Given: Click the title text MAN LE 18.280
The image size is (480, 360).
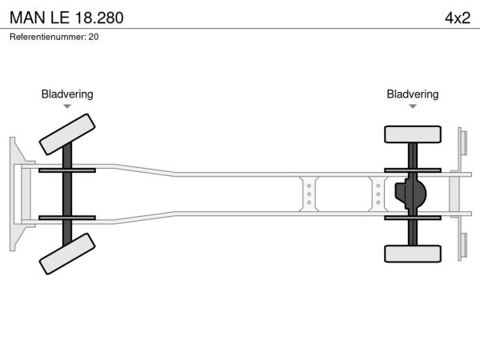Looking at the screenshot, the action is (x=66, y=18).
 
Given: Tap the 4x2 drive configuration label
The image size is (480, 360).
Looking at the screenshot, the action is (x=458, y=18).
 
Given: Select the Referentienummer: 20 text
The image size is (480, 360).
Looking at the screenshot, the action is (x=54, y=37).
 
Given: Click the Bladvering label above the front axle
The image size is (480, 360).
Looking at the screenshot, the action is (x=67, y=94).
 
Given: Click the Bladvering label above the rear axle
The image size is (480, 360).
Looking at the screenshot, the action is (x=413, y=94).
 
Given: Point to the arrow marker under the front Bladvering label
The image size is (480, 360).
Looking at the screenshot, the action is (x=67, y=106).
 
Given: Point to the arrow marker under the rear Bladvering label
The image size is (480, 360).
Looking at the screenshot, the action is (x=413, y=106).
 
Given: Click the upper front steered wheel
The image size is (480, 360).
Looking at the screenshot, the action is (x=67, y=134).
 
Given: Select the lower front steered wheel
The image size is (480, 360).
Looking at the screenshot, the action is (x=67, y=254).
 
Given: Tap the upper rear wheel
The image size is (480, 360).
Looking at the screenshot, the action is (x=413, y=134).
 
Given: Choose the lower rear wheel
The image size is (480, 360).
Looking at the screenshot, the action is (x=413, y=254).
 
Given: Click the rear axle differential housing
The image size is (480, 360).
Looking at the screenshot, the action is (x=410, y=194).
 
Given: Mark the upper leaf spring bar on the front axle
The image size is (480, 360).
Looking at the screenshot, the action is (x=67, y=170).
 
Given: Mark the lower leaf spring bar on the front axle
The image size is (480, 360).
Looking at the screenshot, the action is (x=67, y=218).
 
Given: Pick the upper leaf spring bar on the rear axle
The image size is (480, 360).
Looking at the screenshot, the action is (x=413, y=170).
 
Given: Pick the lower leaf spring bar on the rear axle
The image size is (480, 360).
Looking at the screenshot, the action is (x=413, y=218).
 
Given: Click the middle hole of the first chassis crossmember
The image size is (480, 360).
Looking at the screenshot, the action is (x=309, y=194).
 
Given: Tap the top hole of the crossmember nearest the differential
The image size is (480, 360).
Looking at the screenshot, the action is (x=378, y=186).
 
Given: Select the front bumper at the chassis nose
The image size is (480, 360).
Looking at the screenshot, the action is (x=20, y=194).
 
